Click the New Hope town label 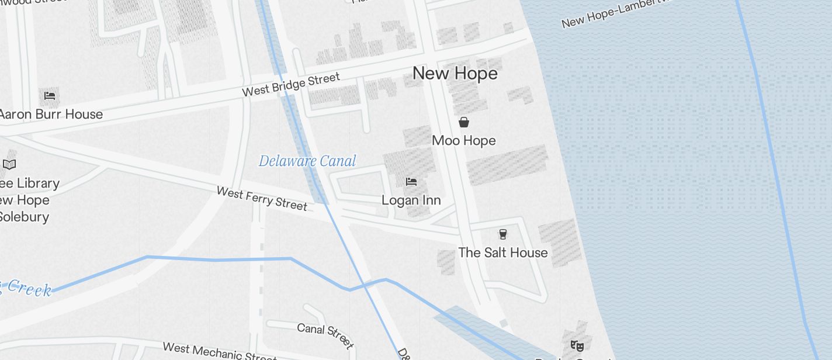455,74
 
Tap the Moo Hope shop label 464,141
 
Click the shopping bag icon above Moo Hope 464,122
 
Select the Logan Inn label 411,200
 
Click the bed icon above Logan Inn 411,182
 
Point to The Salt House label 502,252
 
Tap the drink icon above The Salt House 502,234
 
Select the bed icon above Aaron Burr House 50,95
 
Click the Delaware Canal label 307,161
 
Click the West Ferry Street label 261,198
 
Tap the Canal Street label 325,335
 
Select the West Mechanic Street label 219,352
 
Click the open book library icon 9,164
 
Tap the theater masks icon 576,345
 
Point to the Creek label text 28,288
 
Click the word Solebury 23,217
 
